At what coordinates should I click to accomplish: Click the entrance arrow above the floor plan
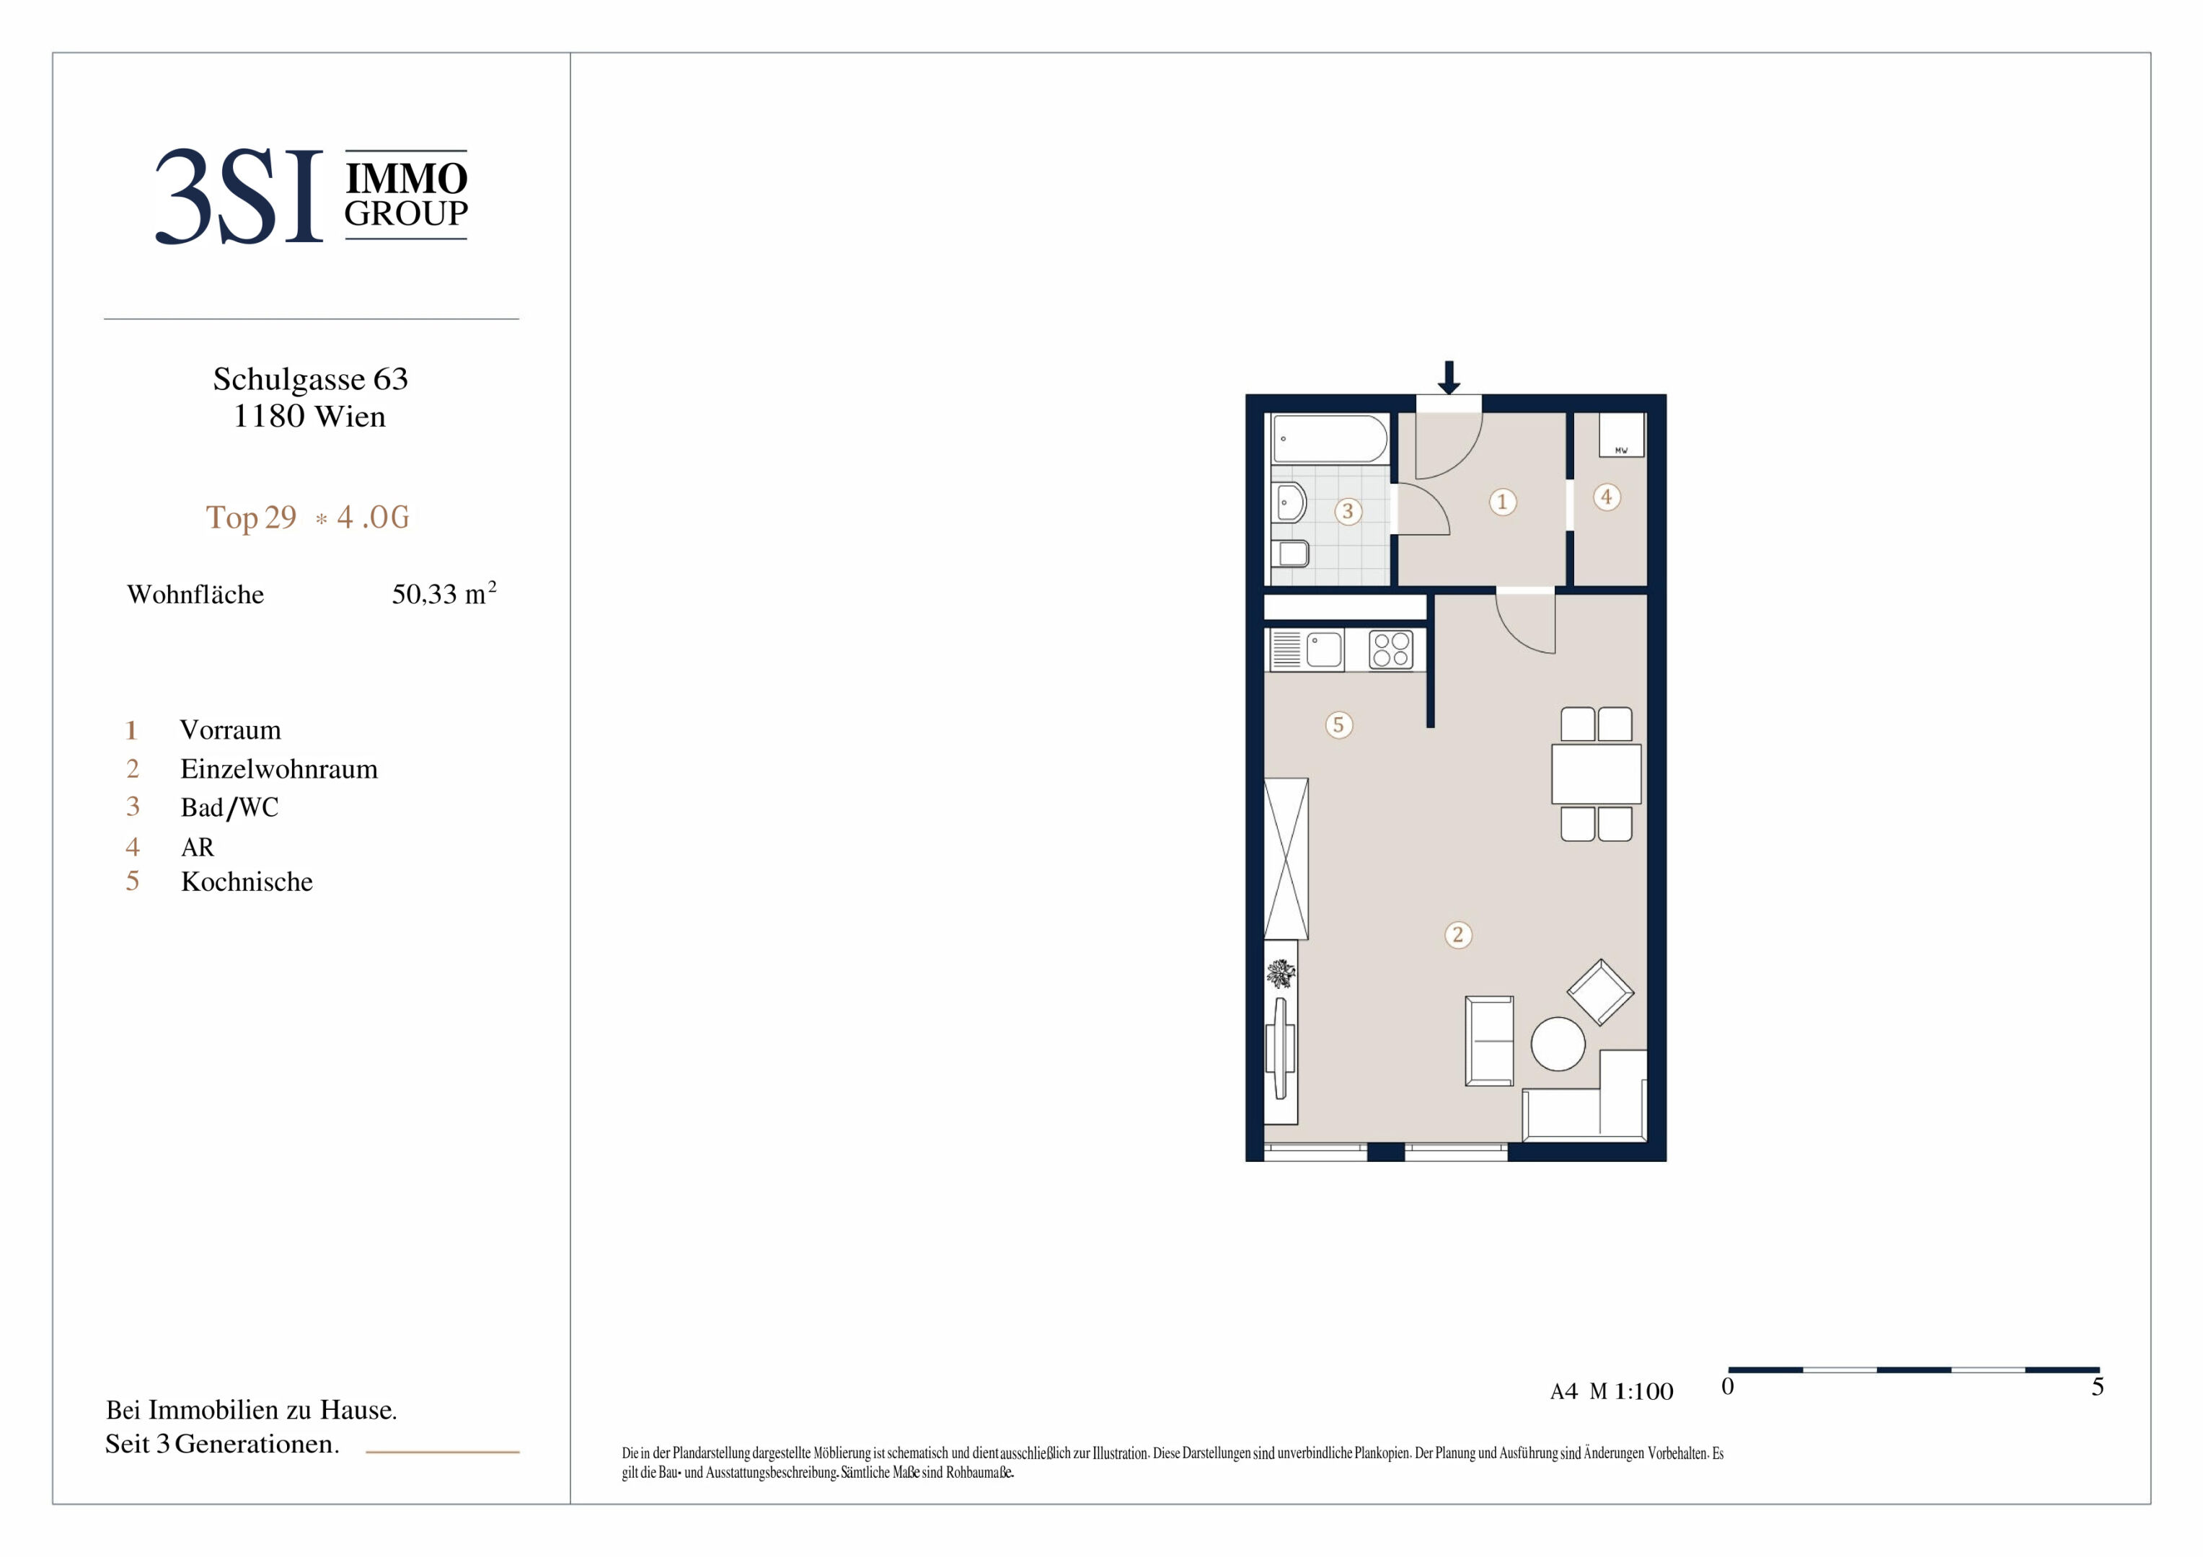(x=1449, y=377)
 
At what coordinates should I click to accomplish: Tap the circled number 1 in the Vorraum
(x=1503, y=502)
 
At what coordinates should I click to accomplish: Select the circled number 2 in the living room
(x=1457, y=934)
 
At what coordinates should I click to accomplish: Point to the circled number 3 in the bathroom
(x=1348, y=511)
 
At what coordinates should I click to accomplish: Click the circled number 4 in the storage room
(x=1606, y=497)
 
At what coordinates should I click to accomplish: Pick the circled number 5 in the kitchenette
(x=1338, y=724)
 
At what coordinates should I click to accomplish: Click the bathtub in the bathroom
(x=1330, y=440)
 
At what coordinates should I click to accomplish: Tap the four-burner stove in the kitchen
(x=1391, y=649)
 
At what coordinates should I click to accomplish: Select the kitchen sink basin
(x=1324, y=649)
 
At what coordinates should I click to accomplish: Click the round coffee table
(x=1558, y=1044)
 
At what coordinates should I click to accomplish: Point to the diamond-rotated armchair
(x=1600, y=992)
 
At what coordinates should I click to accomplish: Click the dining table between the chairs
(x=1597, y=774)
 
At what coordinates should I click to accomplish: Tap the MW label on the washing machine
(x=1620, y=450)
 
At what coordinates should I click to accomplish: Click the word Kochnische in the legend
(x=247, y=882)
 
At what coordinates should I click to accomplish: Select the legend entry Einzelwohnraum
(x=279, y=769)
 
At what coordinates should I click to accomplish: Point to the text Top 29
(x=252, y=517)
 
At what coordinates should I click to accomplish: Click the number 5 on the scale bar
(x=2098, y=1387)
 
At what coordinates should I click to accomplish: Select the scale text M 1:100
(x=1631, y=1392)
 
